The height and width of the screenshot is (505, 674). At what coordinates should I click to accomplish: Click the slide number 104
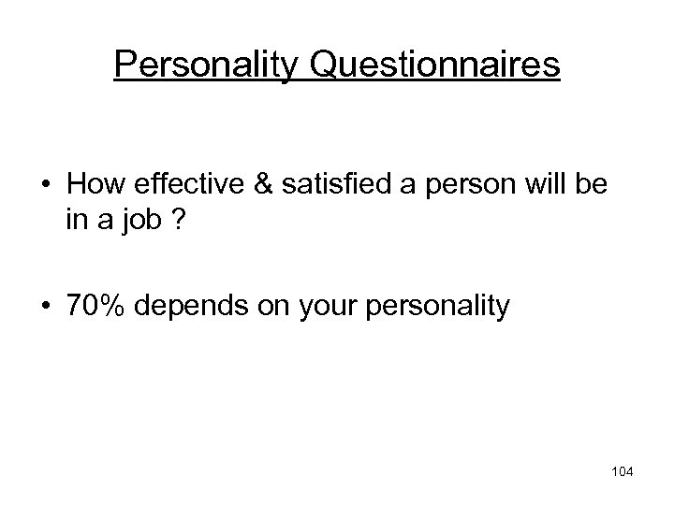[621, 472]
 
